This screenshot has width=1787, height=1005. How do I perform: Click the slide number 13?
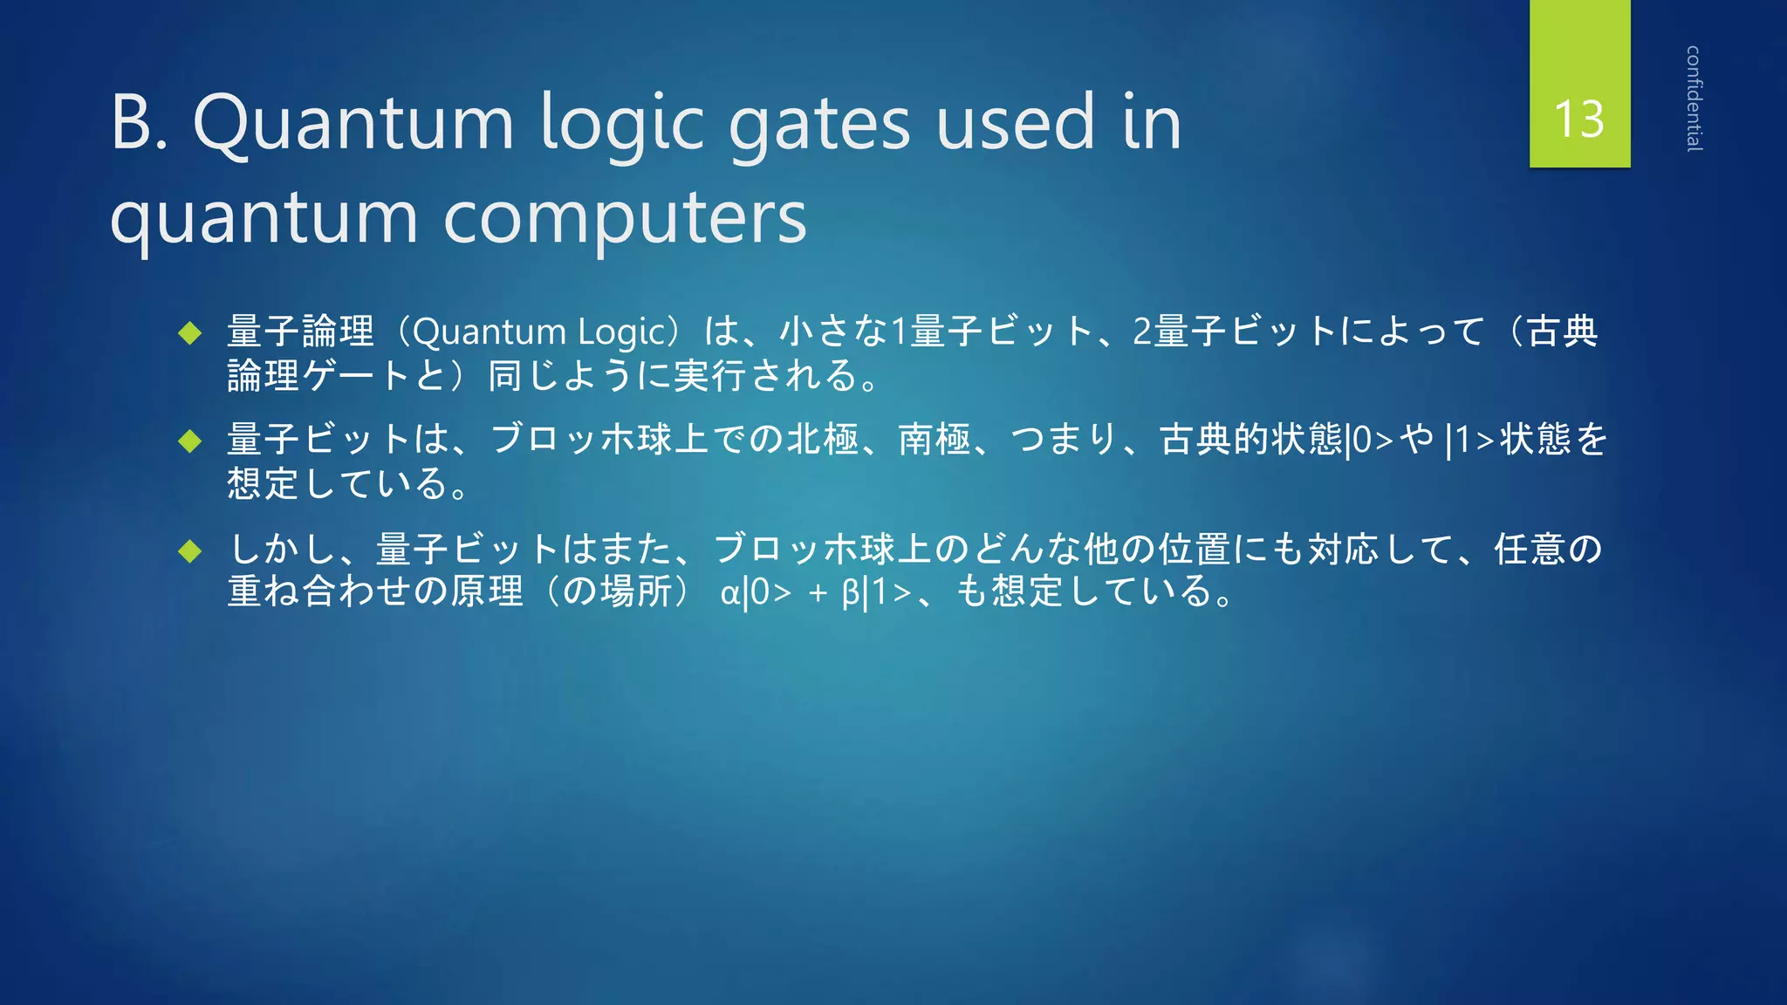click(1579, 119)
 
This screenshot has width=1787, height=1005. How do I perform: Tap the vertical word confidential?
click(1694, 99)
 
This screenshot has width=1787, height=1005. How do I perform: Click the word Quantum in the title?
click(353, 123)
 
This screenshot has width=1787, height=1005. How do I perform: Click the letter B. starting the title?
click(140, 123)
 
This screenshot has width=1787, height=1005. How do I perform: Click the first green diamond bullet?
click(189, 332)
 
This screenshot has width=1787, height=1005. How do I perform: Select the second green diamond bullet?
click(189, 441)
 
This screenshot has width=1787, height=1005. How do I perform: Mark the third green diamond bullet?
click(189, 550)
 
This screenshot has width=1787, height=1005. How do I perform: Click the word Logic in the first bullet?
click(622, 332)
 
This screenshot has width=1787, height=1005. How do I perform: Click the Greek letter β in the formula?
click(851, 593)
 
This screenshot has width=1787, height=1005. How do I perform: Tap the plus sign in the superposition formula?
click(818, 593)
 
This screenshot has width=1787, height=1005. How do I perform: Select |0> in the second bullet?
click(1370, 441)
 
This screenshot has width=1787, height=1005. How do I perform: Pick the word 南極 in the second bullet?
click(935, 439)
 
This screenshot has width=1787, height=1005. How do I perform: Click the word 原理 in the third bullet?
click(486, 591)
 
